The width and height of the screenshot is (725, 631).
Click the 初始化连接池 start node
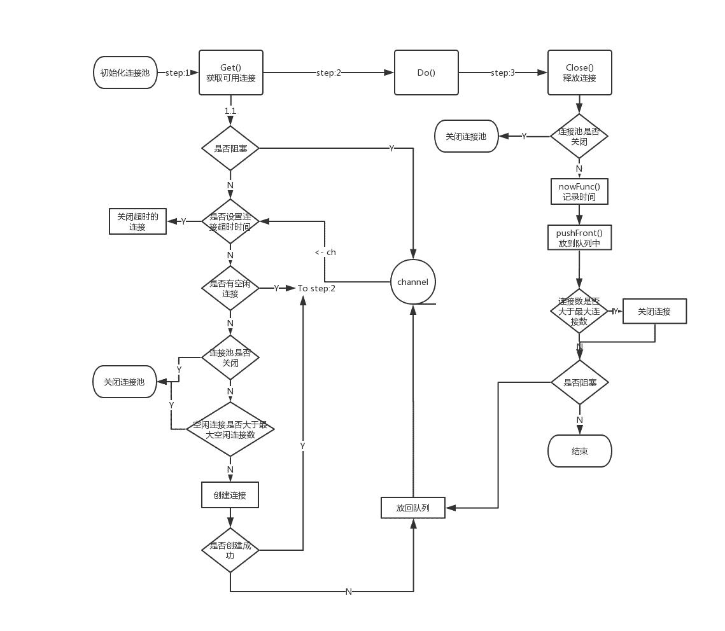(x=125, y=73)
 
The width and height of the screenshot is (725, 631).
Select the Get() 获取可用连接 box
(x=230, y=73)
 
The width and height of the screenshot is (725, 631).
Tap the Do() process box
(x=426, y=73)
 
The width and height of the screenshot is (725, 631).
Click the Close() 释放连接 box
(x=579, y=73)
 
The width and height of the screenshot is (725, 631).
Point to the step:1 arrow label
(x=178, y=73)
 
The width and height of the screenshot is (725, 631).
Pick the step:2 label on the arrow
(x=328, y=73)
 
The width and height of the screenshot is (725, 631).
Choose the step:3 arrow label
(x=503, y=73)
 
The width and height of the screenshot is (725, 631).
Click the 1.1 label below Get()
(x=230, y=111)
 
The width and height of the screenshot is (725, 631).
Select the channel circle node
(x=413, y=282)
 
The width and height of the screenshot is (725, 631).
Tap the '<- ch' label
(x=325, y=252)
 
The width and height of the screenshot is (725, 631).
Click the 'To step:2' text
(x=316, y=288)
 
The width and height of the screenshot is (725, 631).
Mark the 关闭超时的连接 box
(x=137, y=221)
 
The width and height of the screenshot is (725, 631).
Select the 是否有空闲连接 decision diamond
(x=230, y=288)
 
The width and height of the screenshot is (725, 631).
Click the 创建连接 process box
(x=230, y=495)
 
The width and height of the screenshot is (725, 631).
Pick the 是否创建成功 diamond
(x=230, y=550)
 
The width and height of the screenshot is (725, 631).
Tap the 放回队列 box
(x=412, y=508)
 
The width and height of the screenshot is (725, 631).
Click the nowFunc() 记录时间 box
(x=579, y=191)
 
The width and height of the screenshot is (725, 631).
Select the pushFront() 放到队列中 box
(x=579, y=238)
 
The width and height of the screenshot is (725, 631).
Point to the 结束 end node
(x=579, y=451)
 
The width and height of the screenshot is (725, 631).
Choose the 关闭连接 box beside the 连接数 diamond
(x=654, y=311)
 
